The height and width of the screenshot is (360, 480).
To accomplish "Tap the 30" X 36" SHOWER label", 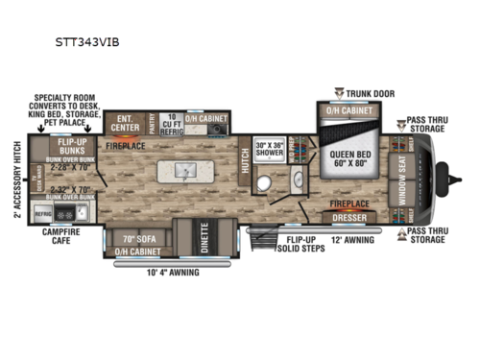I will point(268,152).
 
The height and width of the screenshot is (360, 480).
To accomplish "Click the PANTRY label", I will point(153,122).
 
